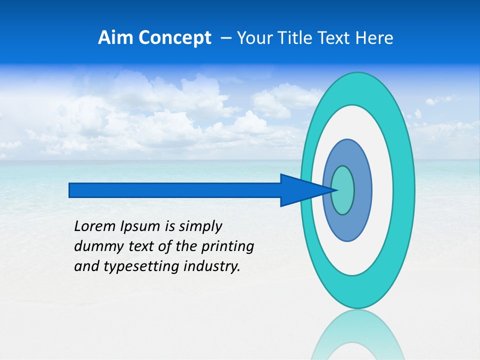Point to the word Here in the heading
(x=375, y=38)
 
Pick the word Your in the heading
(x=254, y=38)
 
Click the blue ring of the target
(x=362, y=190)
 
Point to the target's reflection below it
(x=357, y=335)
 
